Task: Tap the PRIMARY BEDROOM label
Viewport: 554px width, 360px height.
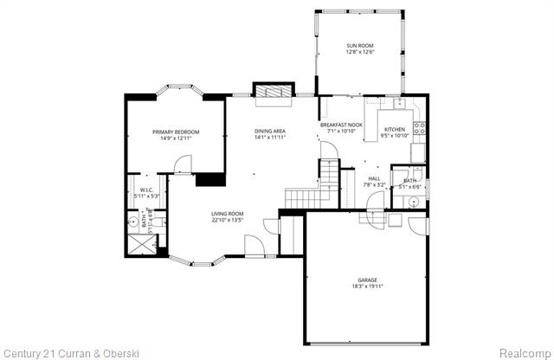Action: point(176,132)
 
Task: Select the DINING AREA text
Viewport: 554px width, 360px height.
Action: point(270,131)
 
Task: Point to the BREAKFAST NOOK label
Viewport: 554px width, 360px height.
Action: point(341,125)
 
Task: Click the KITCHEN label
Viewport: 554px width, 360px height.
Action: point(395,129)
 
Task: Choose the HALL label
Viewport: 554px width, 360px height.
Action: point(374,178)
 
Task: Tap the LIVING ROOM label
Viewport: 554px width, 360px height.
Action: point(228,213)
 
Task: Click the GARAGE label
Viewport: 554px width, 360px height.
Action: point(368,280)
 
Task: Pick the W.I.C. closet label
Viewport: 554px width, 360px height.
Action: point(146,190)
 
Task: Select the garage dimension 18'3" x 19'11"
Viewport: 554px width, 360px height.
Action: point(368,286)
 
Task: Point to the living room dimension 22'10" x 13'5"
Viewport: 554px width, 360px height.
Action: point(228,220)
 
